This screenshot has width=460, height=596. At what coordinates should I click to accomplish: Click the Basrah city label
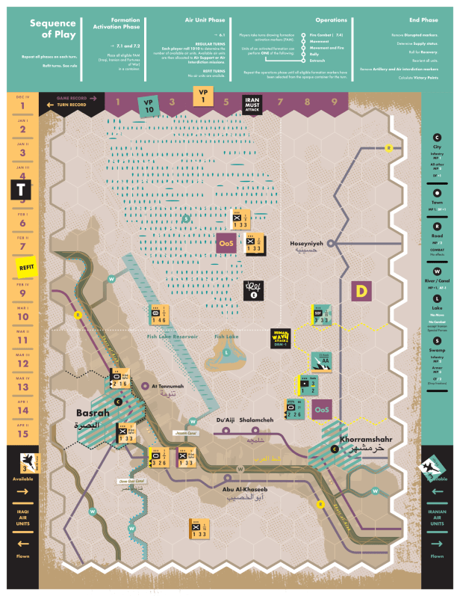coord(92,413)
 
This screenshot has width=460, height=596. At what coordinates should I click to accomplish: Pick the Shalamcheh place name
coord(257,420)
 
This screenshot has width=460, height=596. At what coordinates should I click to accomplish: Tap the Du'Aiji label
coord(224,420)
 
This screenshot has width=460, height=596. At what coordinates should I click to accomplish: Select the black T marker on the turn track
coord(21,189)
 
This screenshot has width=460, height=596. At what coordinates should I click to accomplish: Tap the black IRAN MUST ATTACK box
coord(252,105)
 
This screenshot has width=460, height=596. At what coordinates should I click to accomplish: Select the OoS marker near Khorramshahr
coord(322,410)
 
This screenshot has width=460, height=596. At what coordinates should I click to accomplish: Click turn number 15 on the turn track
coord(22,433)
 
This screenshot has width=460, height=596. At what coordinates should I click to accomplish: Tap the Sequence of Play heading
coord(53,28)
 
